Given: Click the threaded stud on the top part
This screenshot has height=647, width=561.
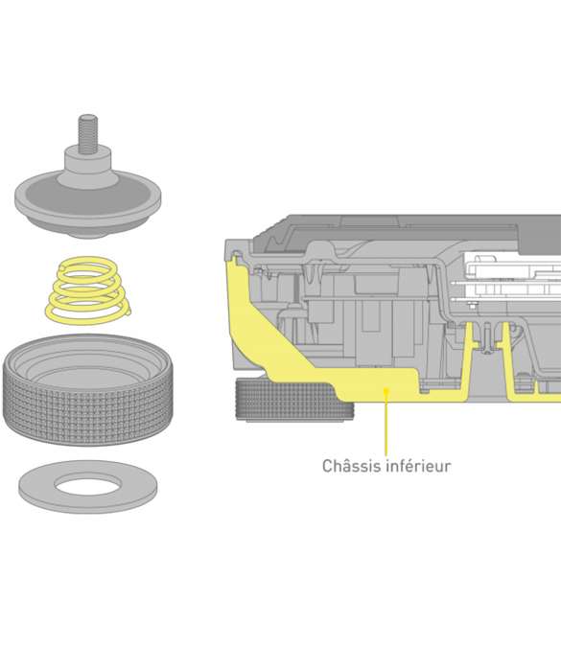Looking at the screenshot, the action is coord(88,134).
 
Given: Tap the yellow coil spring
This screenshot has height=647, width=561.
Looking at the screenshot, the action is coord(87,289).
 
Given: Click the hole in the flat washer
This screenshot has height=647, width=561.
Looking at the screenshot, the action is coord(87,484).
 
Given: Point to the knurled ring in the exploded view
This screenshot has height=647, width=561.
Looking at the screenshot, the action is coord(87,412).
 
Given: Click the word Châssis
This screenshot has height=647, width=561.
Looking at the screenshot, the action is coord(351,466).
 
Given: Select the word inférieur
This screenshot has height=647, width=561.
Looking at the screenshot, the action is coord(418,466).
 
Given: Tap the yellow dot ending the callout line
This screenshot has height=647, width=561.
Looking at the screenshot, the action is coord(386,390).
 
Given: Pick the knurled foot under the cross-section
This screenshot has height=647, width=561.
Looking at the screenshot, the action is coord(293,401).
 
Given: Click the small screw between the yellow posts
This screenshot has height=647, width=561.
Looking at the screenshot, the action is coord(487,339).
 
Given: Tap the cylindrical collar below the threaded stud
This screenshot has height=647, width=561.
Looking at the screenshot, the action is coord(87,165).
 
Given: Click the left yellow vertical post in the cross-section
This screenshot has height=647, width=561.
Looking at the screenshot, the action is coord(468,355).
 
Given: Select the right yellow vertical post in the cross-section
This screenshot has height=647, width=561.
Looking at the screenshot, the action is coord(506,355).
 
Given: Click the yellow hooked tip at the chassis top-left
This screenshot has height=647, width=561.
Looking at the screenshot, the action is coord(235,260).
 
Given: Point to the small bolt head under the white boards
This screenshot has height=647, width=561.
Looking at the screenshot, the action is coord(473,305).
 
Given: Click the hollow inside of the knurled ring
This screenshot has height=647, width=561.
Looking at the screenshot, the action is coord(87,365).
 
